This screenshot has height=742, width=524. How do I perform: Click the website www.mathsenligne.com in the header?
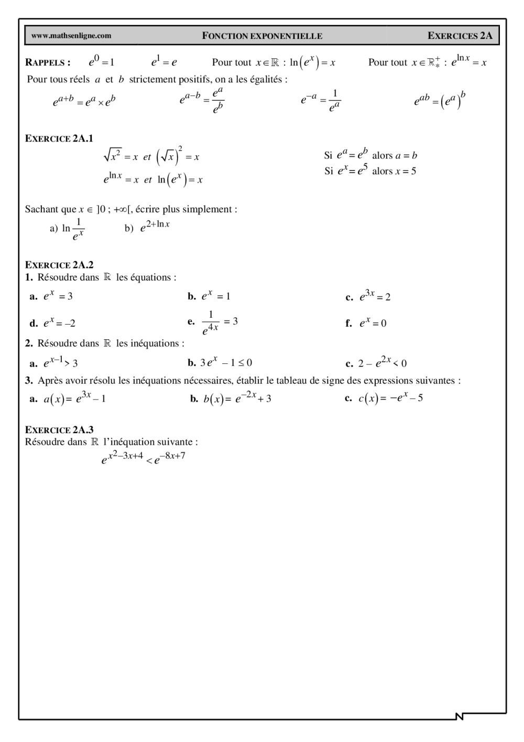pos(71,36)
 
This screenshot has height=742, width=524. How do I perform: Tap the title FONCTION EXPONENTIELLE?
pos(262,36)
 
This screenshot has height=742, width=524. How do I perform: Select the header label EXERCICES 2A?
pos(460,36)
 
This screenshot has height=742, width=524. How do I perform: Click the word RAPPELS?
pos(48,62)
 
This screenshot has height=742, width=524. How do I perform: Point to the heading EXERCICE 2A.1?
pos(59,138)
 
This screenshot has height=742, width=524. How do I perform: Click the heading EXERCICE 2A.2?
pos(59,265)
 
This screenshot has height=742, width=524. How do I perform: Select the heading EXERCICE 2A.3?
pos(59,430)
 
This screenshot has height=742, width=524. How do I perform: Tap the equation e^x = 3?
pos(58,296)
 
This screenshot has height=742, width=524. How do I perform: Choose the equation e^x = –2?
pos(59,323)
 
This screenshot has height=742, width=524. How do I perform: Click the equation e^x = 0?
pos(373,323)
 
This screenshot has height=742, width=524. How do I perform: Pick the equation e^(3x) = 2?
pos(375,296)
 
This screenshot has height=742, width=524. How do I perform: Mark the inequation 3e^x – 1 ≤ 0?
pos(226,362)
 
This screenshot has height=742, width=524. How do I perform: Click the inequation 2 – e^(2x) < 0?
pos(382,363)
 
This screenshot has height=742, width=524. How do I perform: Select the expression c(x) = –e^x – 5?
pos(390,399)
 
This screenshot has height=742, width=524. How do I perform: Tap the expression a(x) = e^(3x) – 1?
pos(74,399)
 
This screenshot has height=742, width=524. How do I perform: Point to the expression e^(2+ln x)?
pos(155,227)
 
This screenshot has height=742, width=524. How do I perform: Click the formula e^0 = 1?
pos(101,62)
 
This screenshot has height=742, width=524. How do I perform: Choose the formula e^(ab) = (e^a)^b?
pos(440,100)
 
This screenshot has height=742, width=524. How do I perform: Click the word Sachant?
pos(41,209)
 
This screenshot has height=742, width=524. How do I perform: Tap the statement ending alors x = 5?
pos(370,171)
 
